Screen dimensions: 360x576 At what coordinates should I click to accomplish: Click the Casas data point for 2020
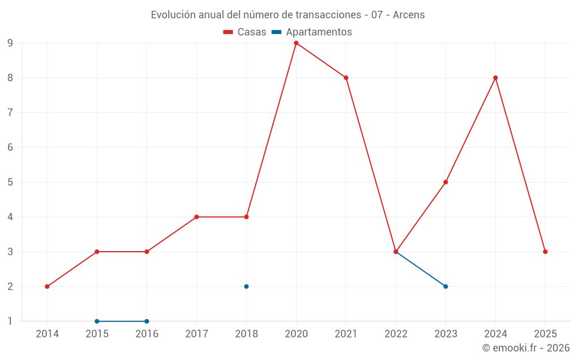296,43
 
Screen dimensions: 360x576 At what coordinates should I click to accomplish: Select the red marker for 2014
47,286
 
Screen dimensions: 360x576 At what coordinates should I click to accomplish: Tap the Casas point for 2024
495,78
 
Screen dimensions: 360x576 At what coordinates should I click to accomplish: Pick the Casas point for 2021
346,78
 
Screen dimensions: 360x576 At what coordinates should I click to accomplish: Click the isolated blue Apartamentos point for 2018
247,286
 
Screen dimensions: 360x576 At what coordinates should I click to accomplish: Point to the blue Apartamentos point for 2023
446,286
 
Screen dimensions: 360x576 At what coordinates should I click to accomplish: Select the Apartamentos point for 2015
97,321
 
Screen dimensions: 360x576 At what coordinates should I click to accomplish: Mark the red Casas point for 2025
545,252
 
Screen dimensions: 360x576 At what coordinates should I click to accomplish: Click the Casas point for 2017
196,217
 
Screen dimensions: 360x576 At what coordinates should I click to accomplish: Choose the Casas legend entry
245,32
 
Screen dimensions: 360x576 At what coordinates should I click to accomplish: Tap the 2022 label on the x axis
396,334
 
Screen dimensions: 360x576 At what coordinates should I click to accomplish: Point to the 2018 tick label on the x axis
247,334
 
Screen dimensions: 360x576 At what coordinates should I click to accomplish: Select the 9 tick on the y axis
10,43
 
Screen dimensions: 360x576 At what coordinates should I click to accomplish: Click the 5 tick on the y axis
10,182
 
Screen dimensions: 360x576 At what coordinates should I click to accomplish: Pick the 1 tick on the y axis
10,321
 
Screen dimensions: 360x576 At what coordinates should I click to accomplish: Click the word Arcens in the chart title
409,15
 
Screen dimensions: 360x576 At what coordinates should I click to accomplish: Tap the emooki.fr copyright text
525,348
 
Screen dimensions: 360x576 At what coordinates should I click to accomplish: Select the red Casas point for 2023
446,182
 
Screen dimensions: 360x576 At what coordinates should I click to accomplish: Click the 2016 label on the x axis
147,334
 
